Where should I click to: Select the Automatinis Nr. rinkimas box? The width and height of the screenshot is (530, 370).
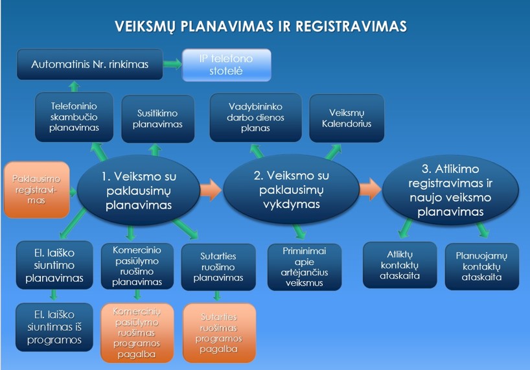pos(90,65)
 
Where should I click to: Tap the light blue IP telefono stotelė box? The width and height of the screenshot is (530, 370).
pos(227,65)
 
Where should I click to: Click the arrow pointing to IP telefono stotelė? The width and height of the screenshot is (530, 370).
pos(172,64)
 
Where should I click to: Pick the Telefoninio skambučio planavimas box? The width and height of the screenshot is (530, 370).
pos(74,117)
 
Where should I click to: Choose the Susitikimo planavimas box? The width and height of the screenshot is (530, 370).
pos(158,119)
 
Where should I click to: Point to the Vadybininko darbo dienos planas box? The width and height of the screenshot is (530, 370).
pos(255,117)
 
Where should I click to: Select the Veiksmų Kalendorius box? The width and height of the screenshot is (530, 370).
pos(347,118)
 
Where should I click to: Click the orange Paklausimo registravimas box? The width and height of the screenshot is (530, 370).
pos(36,190)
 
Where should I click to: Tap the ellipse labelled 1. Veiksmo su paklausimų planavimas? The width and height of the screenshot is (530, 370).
pos(139,191)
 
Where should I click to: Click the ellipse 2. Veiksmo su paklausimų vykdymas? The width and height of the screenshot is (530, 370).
pos(292,190)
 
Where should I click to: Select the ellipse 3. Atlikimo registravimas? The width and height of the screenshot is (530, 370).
pos(450,190)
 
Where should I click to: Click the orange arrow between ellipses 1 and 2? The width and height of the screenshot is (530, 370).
pos(211,190)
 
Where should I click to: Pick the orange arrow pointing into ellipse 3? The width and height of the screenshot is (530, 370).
pos(371,189)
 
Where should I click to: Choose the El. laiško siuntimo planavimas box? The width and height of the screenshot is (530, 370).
pos(54,265)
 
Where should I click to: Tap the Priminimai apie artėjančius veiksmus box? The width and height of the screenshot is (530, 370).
pos(305,267)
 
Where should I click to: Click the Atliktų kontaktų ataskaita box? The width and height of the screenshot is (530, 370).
pos(400,265)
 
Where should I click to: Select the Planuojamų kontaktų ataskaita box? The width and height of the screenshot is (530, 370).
pos(481,266)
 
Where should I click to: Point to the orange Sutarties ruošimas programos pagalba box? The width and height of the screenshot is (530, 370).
pos(219,333)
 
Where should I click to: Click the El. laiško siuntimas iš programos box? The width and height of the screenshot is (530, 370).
pos(54,327)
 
